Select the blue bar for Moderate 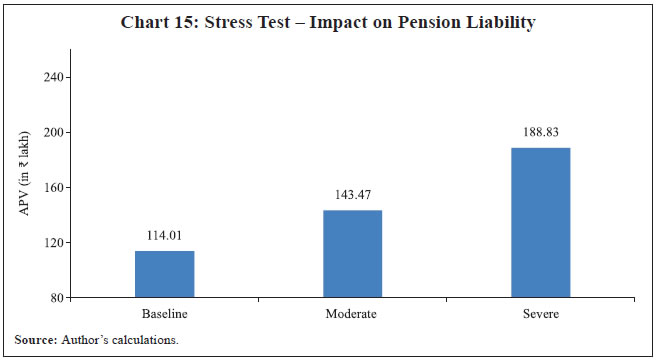352,254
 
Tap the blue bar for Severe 540,222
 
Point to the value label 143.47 352,196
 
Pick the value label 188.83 540,133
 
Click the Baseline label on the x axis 164,313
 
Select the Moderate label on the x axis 352,313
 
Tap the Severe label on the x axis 540,313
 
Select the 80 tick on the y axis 58,297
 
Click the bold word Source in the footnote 34,340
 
